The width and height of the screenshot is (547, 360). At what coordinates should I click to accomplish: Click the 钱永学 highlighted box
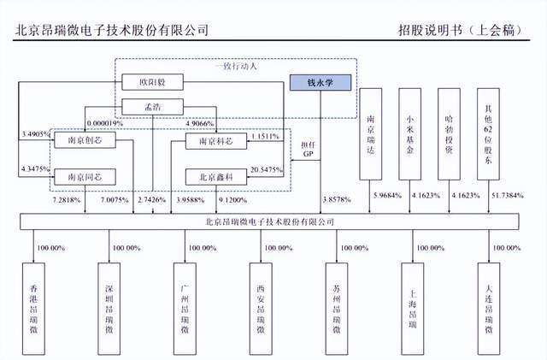click(x=321, y=83)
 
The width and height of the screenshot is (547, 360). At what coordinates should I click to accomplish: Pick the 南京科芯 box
click(x=214, y=141)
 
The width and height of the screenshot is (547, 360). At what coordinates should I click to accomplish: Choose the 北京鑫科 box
click(x=214, y=175)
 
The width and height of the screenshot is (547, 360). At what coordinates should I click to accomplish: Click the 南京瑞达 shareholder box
click(x=370, y=133)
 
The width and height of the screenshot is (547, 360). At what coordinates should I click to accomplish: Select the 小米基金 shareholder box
click(x=410, y=133)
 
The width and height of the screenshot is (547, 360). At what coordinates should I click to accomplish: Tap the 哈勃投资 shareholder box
click(x=450, y=133)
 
